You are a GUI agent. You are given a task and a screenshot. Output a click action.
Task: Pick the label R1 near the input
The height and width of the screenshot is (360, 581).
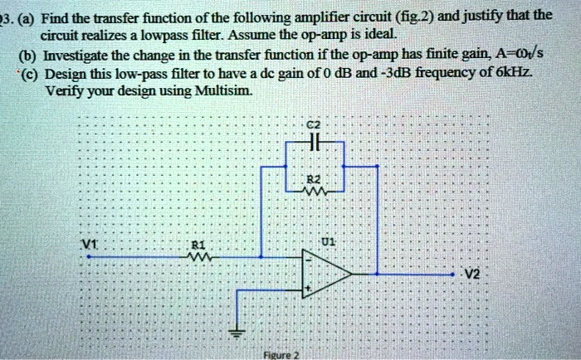[198, 245]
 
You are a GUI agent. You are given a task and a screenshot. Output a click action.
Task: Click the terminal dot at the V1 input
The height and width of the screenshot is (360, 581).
[89, 256]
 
